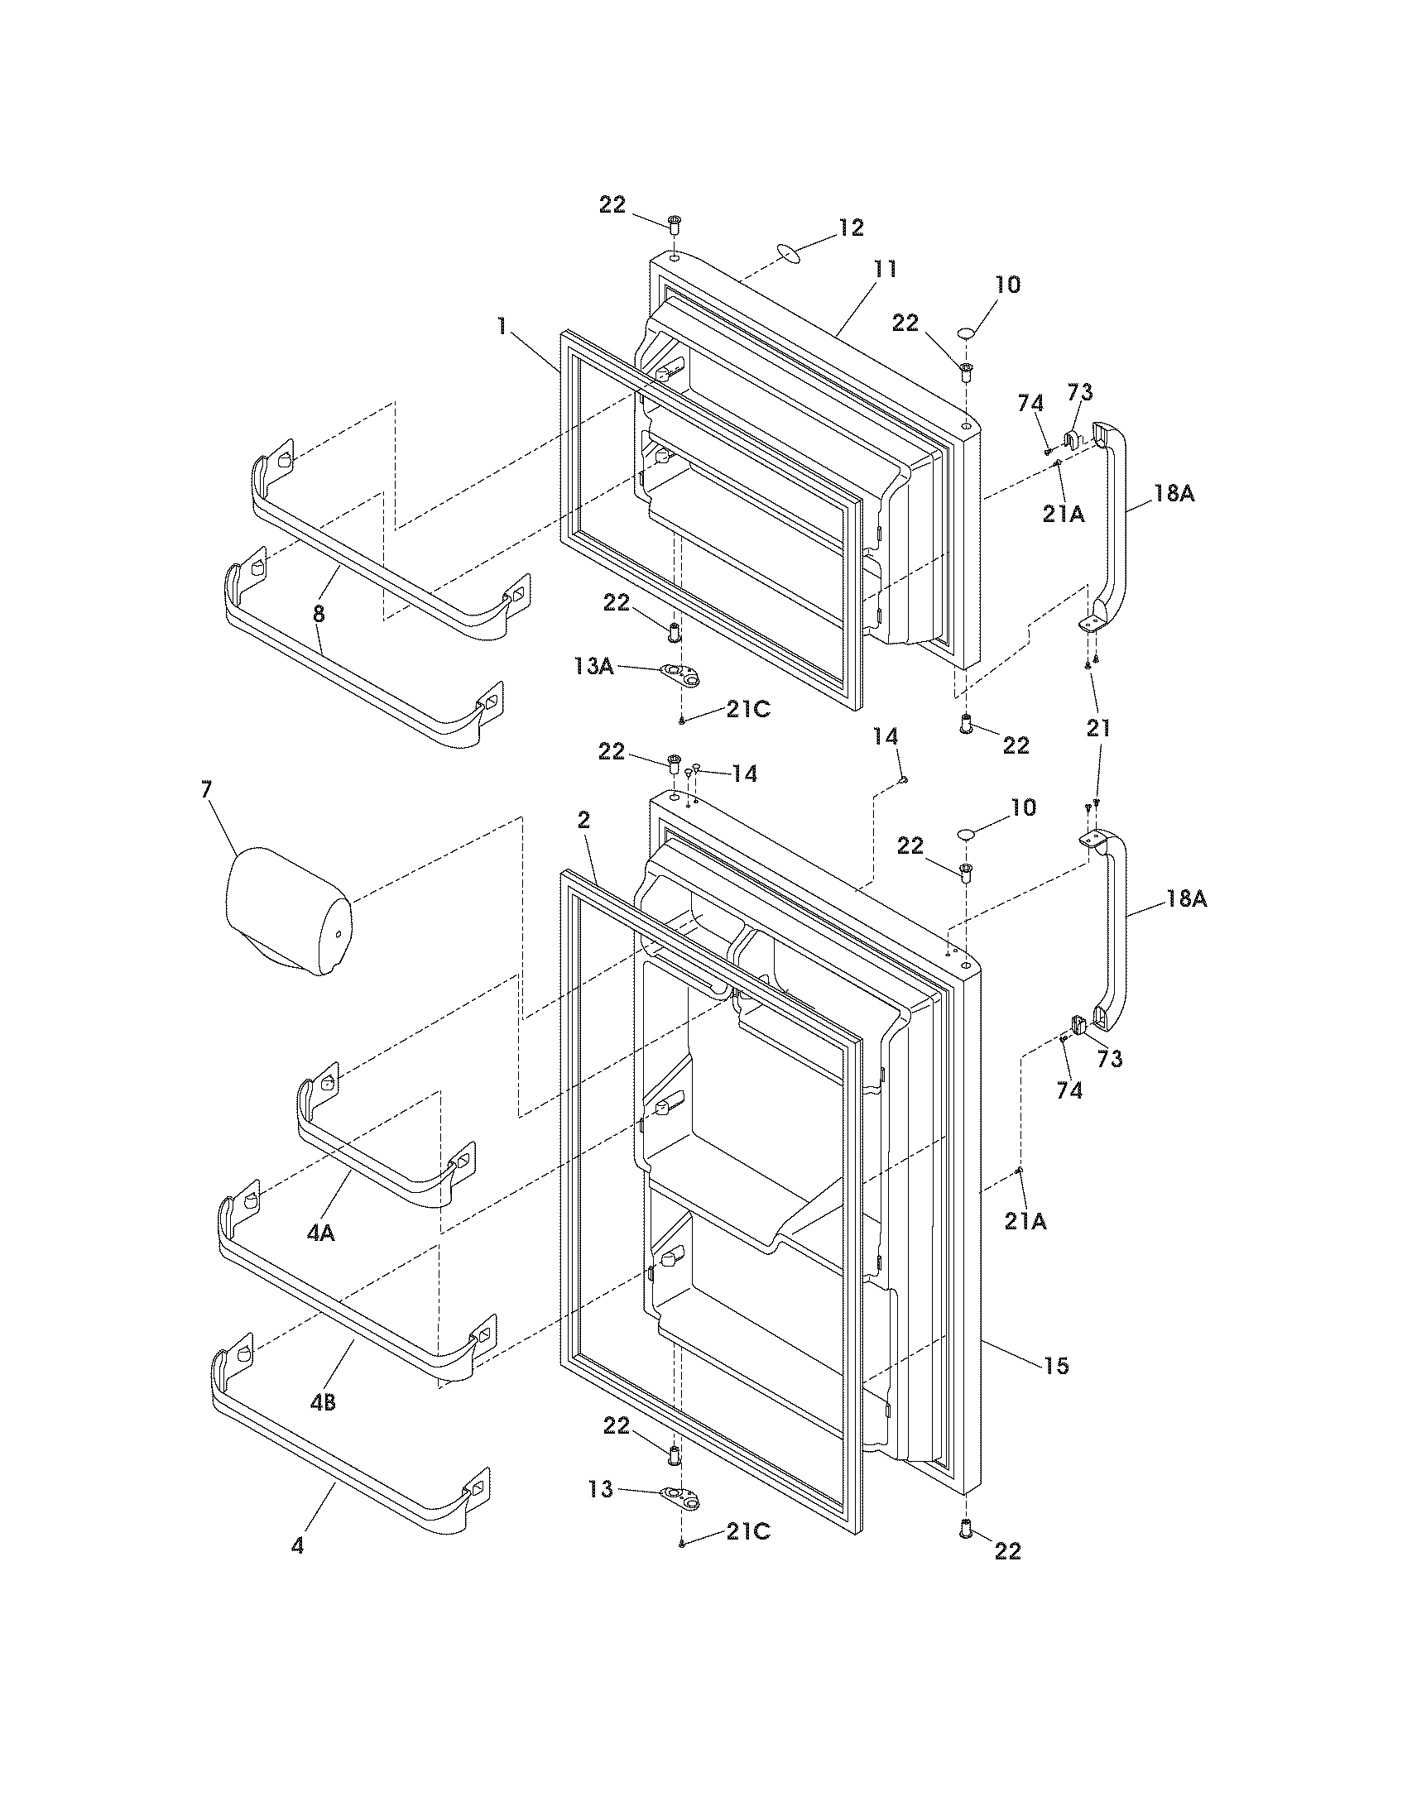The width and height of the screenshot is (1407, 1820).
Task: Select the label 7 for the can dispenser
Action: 206,790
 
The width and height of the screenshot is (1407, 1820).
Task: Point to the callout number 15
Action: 1055,1367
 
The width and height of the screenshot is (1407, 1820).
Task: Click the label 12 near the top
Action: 851,227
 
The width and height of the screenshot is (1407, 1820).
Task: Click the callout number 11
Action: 885,269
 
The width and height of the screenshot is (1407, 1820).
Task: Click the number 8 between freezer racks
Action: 319,614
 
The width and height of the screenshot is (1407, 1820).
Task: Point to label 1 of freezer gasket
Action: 502,326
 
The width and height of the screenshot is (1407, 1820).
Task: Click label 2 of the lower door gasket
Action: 584,821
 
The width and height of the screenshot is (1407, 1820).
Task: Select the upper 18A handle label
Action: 1173,493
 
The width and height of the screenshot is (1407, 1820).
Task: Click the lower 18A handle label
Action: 1185,899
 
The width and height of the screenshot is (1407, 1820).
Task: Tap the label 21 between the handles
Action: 1098,728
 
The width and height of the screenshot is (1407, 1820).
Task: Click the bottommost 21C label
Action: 747,1555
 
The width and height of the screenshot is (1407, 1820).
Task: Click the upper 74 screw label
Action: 1030,404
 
